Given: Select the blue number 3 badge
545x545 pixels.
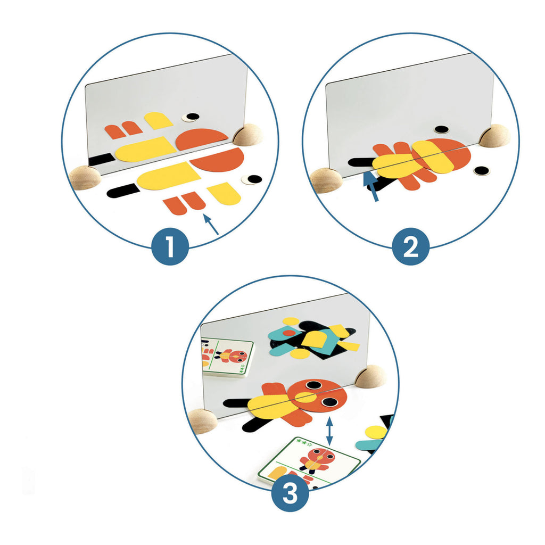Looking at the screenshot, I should tap(290, 494).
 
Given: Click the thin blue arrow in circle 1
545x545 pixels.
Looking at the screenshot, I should tap(211, 224).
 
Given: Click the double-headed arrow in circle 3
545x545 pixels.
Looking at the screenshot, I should tap(330, 431).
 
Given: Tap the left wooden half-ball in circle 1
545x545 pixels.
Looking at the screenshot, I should tap(85, 177).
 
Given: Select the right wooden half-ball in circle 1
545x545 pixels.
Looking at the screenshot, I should tap(249, 135).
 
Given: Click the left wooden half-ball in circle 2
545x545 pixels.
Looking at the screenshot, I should tap(326, 180).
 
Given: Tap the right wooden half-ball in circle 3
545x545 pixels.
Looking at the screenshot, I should tap(370, 376).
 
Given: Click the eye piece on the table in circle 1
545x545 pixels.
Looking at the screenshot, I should tap(252, 180).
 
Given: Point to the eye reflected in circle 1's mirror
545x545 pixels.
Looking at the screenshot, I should tap(191, 117).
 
